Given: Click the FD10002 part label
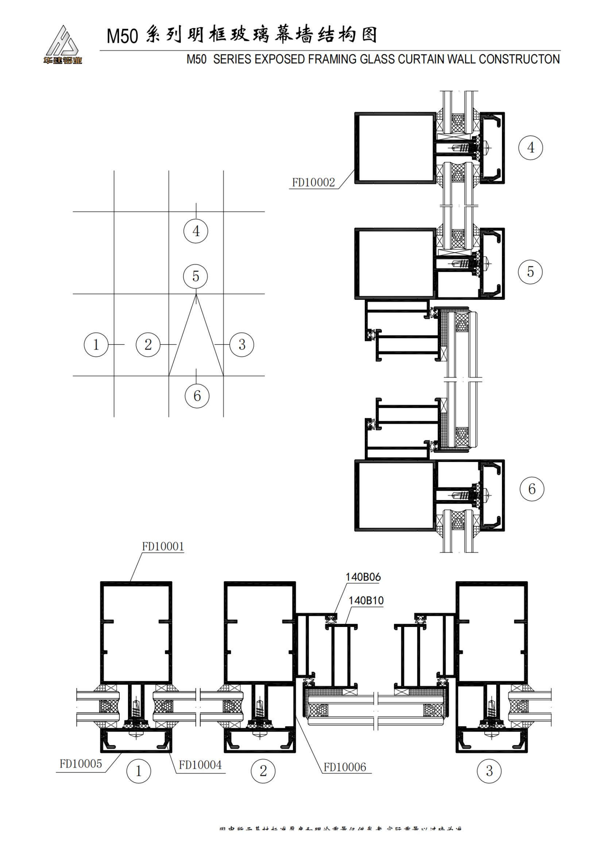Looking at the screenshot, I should coord(313,182).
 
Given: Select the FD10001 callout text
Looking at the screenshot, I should coord(163,547).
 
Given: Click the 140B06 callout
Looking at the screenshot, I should coord(363,577).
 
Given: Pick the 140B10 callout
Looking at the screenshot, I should coord(366,600).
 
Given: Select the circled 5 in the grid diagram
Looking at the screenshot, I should coord(196,276).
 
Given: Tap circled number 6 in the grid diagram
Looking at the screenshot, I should coord(197,396).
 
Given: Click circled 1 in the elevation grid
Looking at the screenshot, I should coord(96,345).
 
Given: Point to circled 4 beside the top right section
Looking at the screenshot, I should coord(530,147).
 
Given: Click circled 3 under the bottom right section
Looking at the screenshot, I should coord(489,771).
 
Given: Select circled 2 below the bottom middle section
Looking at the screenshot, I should coord(263,771).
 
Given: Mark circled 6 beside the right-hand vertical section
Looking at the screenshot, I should coord(532,489).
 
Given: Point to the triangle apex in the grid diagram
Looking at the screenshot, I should coord(196,294).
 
